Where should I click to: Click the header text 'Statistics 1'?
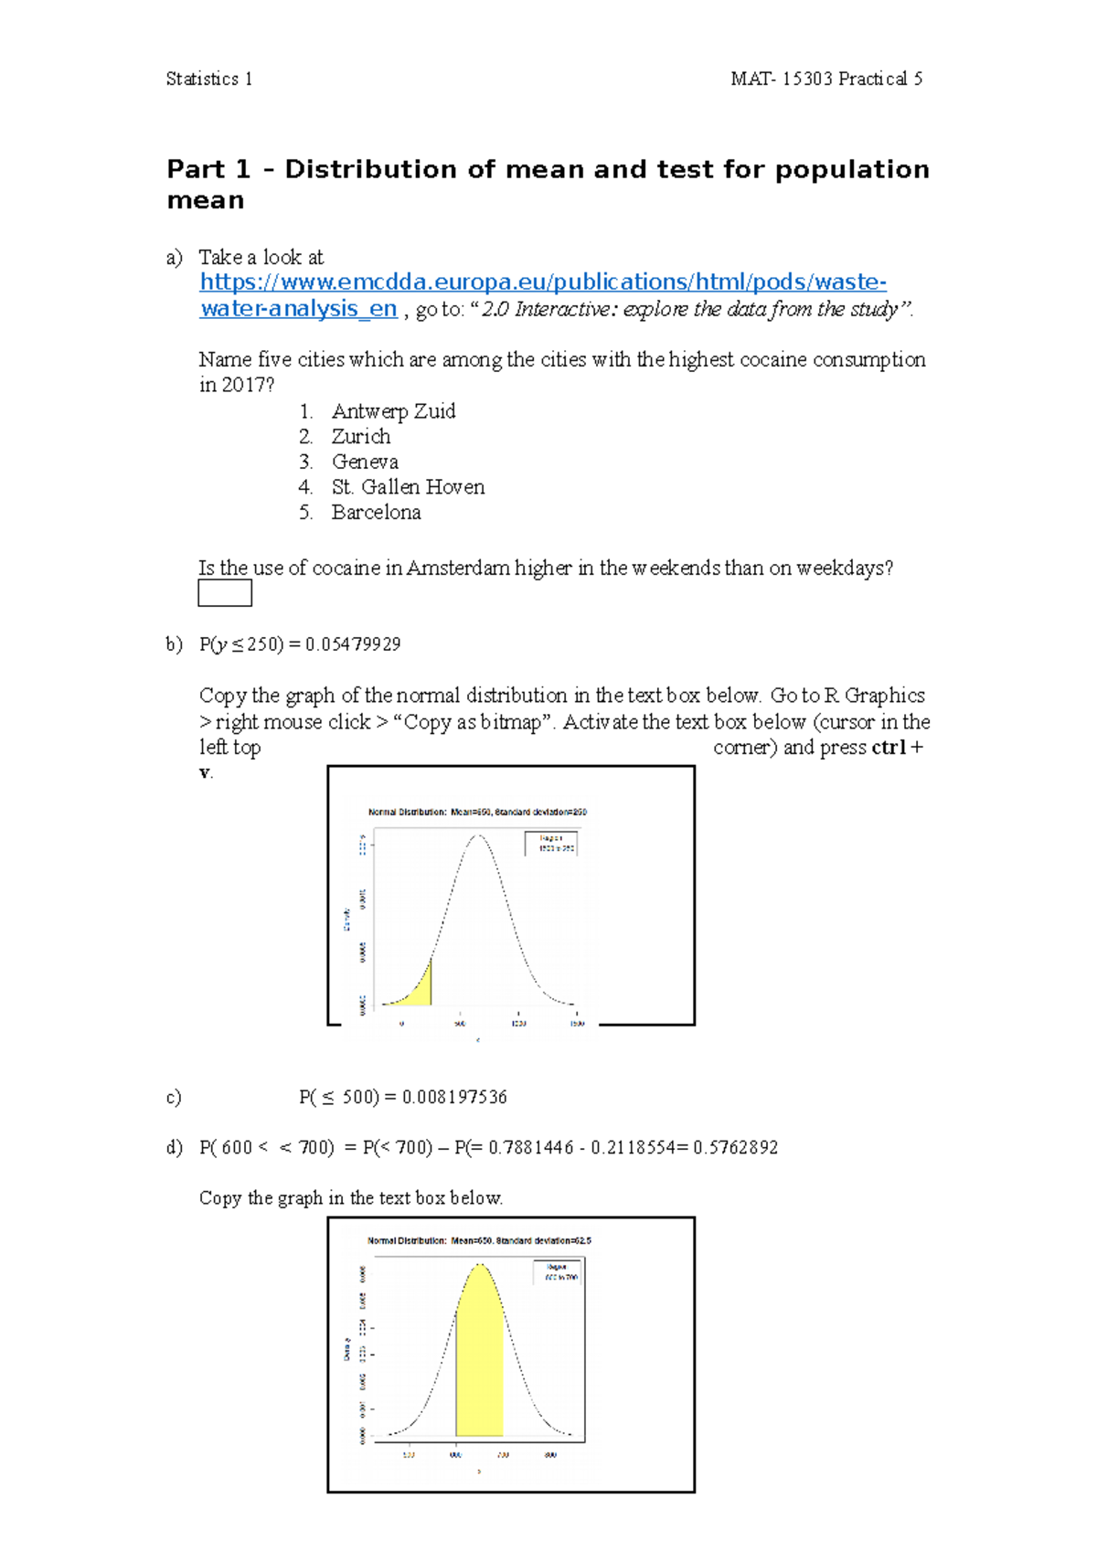pyautogui.click(x=208, y=80)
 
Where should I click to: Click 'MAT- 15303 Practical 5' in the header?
pyautogui.click(x=826, y=80)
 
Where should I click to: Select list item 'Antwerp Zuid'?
pyautogui.click(x=393, y=411)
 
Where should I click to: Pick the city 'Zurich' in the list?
pyautogui.click(x=360, y=437)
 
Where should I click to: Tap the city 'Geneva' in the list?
pyautogui.click(x=365, y=462)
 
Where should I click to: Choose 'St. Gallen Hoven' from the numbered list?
pyautogui.click(x=408, y=487)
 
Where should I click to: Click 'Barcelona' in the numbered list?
pyautogui.click(x=376, y=513)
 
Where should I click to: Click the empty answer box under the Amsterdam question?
pyautogui.click(x=225, y=593)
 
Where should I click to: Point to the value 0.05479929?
pyautogui.click(x=353, y=644)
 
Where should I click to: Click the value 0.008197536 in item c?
pyautogui.click(x=453, y=1097)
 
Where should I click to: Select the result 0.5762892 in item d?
pyautogui.click(x=735, y=1147)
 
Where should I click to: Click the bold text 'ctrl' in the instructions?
pyautogui.click(x=888, y=748)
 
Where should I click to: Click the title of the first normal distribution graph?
pyautogui.click(x=477, y=812)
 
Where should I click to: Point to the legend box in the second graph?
pyautogui.click(x=558, y=1271)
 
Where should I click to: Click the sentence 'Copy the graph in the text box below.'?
pyautogui.click(x=351, y=1198)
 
